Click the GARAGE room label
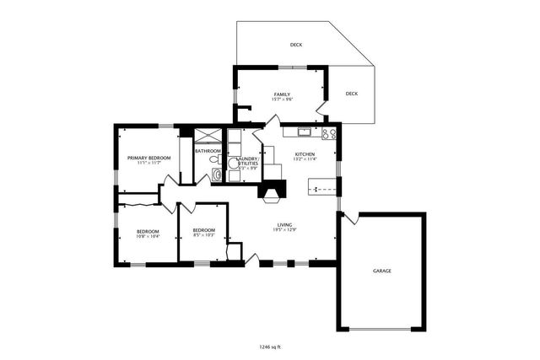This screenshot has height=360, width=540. coord(382,271)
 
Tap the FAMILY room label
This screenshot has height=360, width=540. coord(282,93)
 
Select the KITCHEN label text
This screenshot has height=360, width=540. coord(305,154)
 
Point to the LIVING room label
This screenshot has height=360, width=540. coord(283,224)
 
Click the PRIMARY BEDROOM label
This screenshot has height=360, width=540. coord(148,158)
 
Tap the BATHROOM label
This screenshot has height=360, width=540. coord(208,150)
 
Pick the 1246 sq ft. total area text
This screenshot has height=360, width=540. coord(270,346)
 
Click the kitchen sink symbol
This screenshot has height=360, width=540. coord(303,132)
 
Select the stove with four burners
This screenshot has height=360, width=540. coord(329,133)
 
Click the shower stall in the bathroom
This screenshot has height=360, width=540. coord(207,135)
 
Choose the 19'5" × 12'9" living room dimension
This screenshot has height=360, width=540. coord(283,230)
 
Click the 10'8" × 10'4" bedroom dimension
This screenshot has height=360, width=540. coord(148,236)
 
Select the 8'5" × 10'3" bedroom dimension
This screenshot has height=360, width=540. coord(203,236)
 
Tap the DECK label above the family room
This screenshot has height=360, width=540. coord(296,45)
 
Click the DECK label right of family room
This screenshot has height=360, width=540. coord(352,94)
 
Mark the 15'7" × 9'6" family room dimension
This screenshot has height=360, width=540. coord(282,99)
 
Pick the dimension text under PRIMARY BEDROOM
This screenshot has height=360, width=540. coord(148,164)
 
